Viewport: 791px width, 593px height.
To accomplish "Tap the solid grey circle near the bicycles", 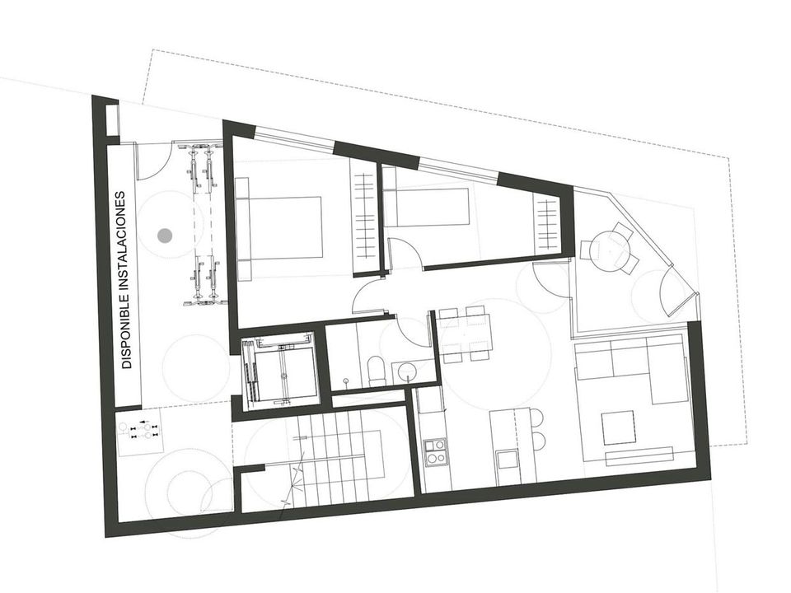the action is tap(165, 235).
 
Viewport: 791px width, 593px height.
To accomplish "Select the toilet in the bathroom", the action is tap(377, 370).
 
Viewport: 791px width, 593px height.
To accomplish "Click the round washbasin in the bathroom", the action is tap(406, 373).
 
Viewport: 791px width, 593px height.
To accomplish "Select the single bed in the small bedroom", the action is tap(428, 207).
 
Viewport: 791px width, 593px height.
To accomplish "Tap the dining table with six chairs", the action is tap(464, 333).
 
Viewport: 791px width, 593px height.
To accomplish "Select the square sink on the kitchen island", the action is tap(506, 460).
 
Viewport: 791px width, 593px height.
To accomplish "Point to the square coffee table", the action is tap(617, 428).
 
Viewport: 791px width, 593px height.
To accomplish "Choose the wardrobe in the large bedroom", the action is tap(363, 222).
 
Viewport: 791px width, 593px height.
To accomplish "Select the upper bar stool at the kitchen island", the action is tap(536, 417).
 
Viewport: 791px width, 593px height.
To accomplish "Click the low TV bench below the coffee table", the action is tap(639, 455).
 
